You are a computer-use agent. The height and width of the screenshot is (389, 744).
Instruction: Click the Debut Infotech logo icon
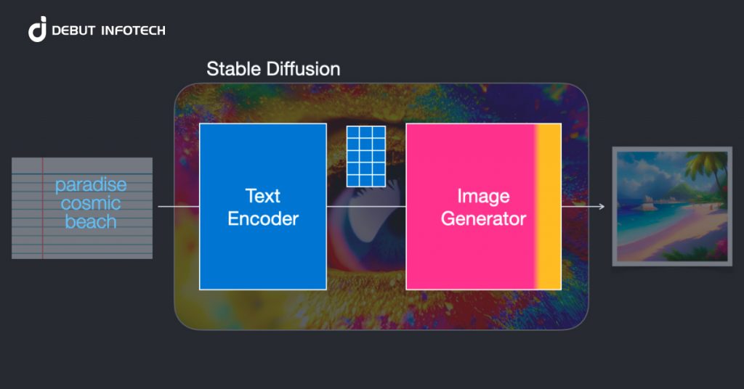37,29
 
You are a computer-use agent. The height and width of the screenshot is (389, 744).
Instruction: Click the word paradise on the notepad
91,186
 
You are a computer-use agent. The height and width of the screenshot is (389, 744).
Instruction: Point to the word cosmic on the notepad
91,204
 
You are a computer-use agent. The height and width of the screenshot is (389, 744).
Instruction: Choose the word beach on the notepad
91,221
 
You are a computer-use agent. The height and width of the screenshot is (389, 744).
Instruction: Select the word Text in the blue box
263,196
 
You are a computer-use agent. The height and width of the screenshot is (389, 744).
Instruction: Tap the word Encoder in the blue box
263,218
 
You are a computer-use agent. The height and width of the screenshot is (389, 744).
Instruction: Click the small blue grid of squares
365,155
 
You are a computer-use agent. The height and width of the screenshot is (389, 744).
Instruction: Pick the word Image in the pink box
483,196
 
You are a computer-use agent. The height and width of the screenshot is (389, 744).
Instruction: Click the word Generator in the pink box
483,218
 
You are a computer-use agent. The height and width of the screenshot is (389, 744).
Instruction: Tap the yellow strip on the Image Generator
549,207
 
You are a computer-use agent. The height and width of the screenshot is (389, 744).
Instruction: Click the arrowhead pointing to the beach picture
602,207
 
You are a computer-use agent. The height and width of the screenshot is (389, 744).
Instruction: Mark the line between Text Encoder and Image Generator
365,207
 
